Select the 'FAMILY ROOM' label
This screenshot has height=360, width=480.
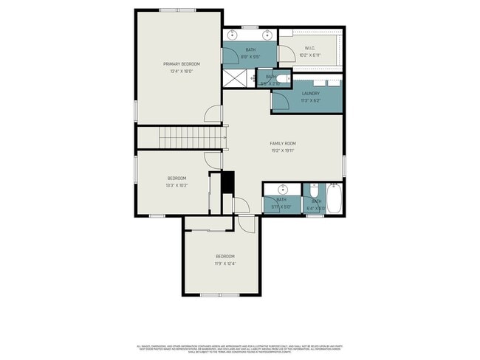282,142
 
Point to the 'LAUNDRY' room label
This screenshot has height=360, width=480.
310,93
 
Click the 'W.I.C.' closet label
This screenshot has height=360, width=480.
310,49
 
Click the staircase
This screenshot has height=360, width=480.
179,136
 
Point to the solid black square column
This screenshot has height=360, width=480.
228,181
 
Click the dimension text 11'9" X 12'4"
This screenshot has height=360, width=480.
225,263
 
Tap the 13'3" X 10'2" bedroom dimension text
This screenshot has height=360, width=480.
177,185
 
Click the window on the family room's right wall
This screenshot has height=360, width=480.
344,165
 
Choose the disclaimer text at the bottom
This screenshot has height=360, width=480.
240,347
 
